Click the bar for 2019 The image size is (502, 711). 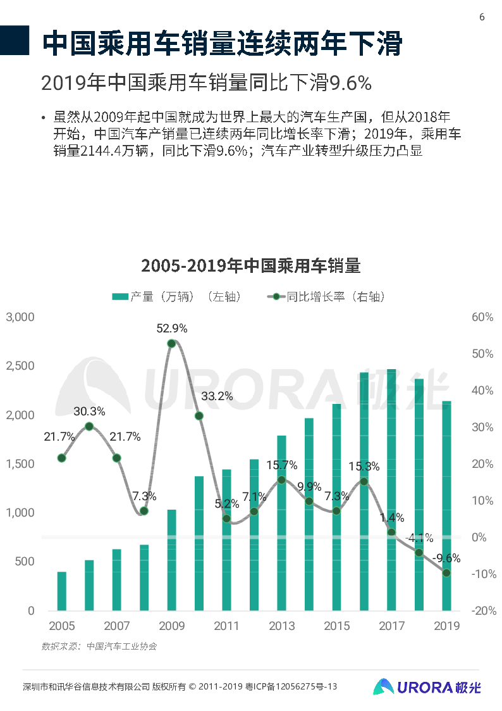(446, 507)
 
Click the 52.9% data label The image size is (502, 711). (172, 329)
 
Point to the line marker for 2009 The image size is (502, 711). (171, 344)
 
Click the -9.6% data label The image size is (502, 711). (446, 558)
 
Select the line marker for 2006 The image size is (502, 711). (89, 427)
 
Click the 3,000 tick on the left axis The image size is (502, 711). (20, 317)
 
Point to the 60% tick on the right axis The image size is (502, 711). (482, 317)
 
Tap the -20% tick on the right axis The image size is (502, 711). (482, 611)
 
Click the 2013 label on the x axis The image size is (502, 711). (281, 626)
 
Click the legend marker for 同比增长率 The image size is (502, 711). (276, 296)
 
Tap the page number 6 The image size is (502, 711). (482, 17)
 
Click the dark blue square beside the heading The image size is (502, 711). (15, 41)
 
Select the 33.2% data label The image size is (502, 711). (217, 397)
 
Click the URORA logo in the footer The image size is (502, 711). (427, 687)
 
